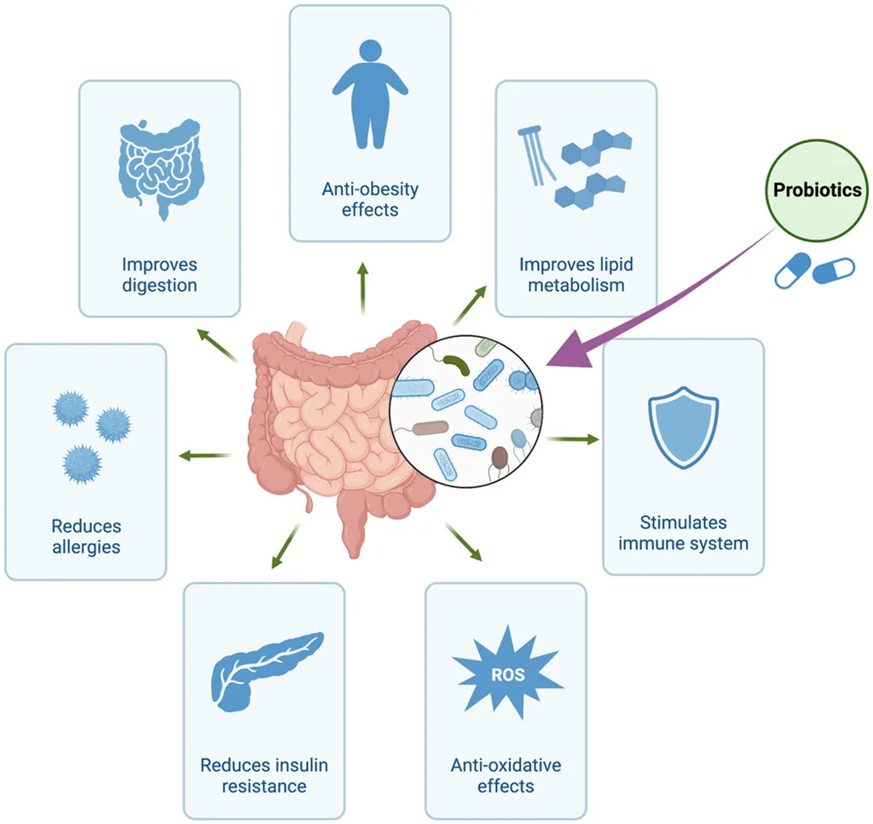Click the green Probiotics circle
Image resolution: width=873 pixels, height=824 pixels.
817,190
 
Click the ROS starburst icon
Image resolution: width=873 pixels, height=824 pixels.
508,672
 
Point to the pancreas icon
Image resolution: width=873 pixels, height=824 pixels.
267,670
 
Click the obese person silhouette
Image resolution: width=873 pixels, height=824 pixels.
370,94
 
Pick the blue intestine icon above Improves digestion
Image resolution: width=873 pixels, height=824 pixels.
159,168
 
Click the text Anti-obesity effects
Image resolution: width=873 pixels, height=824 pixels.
370,200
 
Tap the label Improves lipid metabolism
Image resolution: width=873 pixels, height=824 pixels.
576,275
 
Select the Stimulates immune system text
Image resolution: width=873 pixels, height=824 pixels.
683,532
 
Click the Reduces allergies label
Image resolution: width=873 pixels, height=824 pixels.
86,537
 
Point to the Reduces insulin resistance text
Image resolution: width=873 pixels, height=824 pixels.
264,775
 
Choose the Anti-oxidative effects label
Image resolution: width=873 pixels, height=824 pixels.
506,775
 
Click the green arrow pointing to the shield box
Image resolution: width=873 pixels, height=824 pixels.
572,439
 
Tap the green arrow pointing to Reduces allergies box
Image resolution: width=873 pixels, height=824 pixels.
205,456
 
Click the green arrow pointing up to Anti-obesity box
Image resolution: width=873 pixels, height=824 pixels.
363,289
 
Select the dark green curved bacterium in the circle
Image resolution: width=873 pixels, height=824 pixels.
457,364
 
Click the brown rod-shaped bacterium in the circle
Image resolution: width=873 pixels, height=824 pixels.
430,428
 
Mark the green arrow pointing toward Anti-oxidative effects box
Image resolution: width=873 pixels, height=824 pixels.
463,543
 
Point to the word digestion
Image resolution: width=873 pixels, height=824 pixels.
159,285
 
